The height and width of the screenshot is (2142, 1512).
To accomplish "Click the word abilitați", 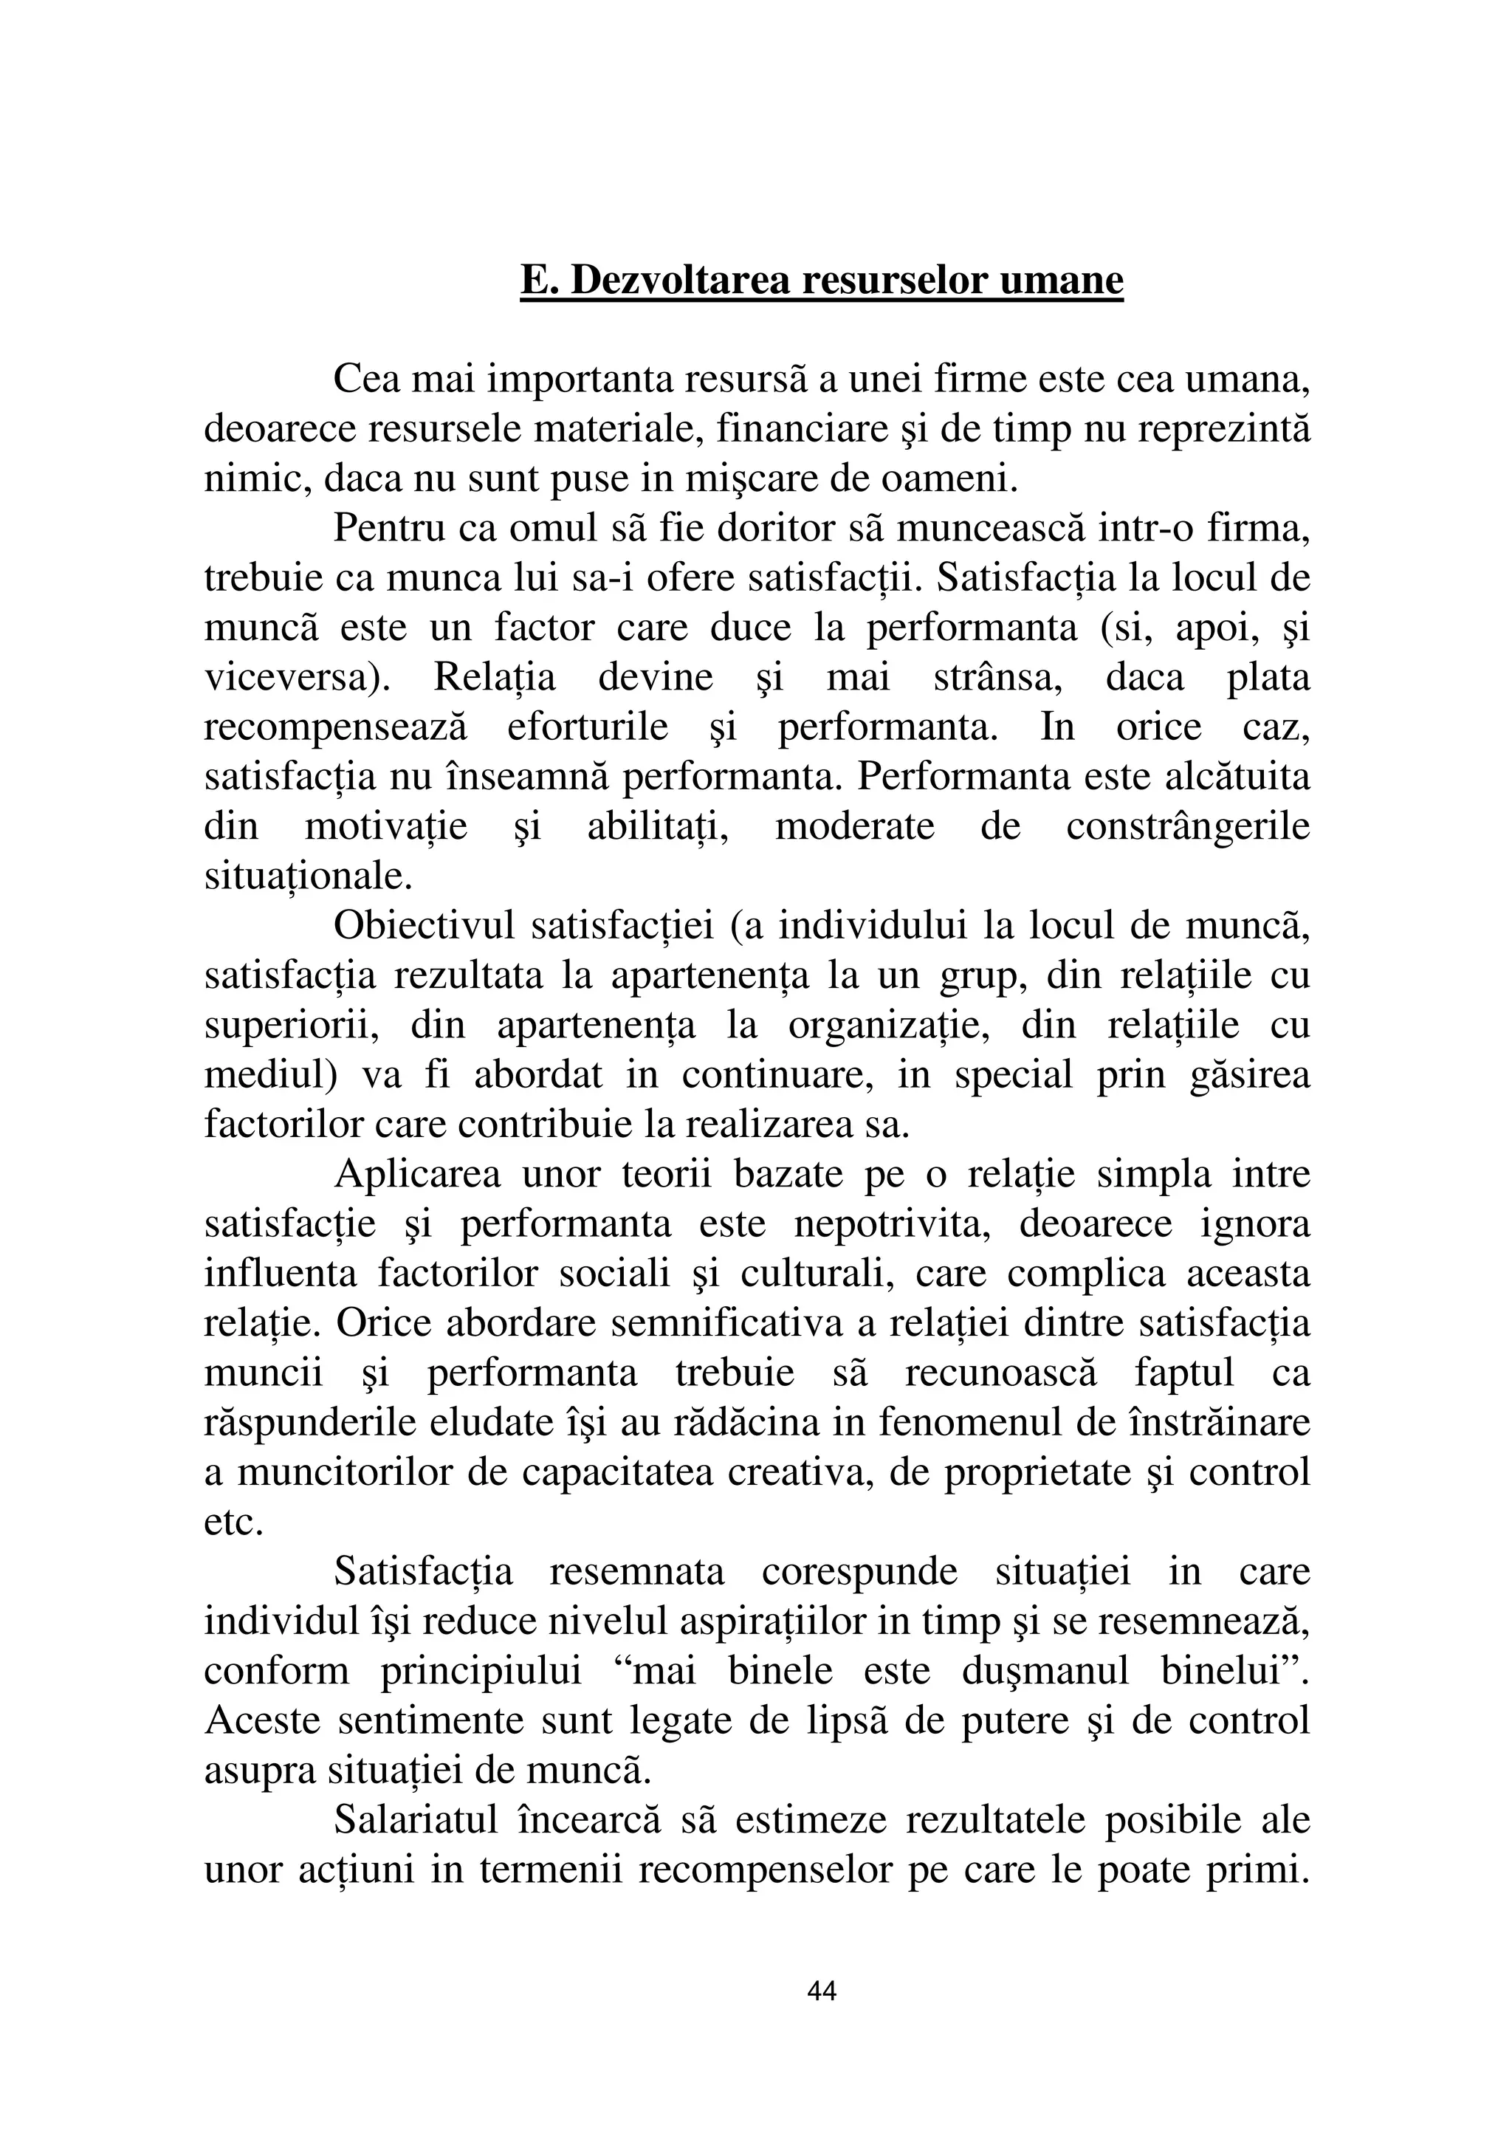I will point(658,826).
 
